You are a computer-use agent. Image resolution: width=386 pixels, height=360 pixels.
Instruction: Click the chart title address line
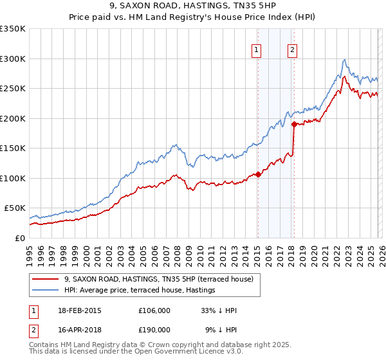click(x=193, y=6)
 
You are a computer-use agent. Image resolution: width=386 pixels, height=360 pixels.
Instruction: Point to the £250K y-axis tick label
click(x=13, y=88)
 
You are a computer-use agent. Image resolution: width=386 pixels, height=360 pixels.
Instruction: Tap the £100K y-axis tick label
click(x=13, y=178)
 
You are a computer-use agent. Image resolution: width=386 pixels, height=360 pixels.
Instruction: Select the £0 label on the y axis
click(x=19, y=238)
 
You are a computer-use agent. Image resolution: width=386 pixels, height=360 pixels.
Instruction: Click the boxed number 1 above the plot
click(x=257, y=50)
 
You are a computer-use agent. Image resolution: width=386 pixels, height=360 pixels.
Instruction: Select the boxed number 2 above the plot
click(x=292, y=50)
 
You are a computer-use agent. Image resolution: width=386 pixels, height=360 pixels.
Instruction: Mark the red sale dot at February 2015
click(x=258, y=174)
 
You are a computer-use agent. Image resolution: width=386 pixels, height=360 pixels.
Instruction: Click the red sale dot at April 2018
click(x=294, y=124)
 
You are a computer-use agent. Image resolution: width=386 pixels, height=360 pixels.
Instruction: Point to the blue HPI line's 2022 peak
click(x=345, y=60)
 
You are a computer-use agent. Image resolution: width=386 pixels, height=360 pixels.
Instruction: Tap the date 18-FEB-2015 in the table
click(x=79, y=310)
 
